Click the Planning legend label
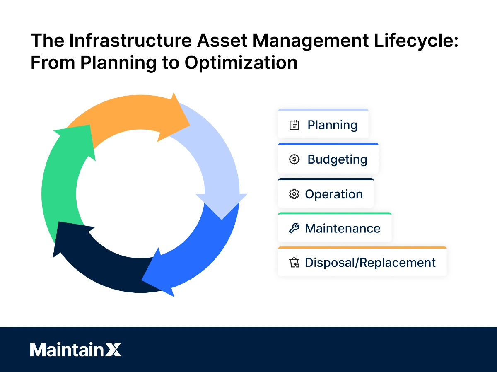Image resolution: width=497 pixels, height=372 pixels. click(x=332, y=125)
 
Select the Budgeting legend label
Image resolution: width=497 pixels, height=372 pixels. click(x=337, y=159)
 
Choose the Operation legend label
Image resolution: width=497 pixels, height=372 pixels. click(x=333, y=194)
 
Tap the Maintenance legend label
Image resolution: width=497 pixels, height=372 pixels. click(x=343, y=228)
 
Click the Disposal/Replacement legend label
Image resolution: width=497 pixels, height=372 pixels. click(x=370, y=263)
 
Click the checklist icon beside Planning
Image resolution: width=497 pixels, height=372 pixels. click(x=294, y=125)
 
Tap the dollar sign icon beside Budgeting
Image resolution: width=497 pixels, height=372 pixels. click(x=294, y=159)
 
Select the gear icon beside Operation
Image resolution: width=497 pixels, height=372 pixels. click(x=294, y=194)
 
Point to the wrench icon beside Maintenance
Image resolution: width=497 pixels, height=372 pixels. click(x=294, y=228)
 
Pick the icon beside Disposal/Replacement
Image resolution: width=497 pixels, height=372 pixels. click(x=294, y=263)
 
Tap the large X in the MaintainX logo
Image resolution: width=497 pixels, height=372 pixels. click(x=112, y=350)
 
